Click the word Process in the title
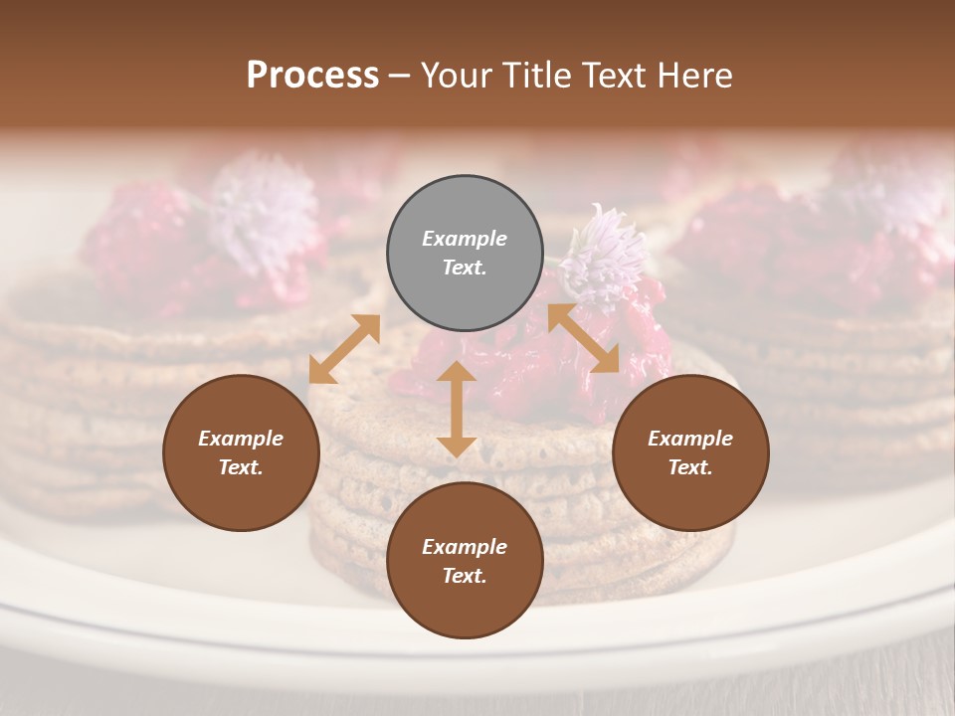(312, 76)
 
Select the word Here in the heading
(694, 76)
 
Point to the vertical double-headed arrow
(457, 409)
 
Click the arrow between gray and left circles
(344, 348)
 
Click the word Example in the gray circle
(465, 239)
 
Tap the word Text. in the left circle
(241, 467)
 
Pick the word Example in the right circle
(690, 439)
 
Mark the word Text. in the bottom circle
(465, 576)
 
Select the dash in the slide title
(399, 77)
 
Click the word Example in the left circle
(241, 439)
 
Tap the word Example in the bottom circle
(465, 547)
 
